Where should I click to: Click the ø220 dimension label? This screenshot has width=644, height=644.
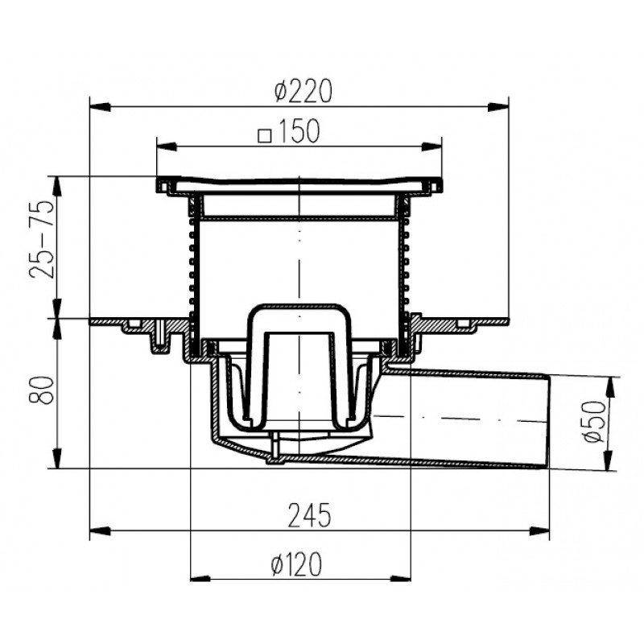coord(303,91)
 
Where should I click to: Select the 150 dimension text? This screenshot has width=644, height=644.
coord(299,131)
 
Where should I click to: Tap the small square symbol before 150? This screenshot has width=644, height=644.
coord(265,136)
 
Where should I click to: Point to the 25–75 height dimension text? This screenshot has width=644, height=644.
coord(42,239)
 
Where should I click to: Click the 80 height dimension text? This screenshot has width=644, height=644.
coord(42,390)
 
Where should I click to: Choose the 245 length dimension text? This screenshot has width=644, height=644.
coord(309,515)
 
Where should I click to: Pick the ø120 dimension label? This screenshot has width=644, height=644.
coord(296,564)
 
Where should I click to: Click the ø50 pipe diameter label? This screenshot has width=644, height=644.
coord(594,421)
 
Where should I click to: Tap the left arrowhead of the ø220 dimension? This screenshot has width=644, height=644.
coord(100,107)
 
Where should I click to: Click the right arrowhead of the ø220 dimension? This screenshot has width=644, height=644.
coord(498,107)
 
